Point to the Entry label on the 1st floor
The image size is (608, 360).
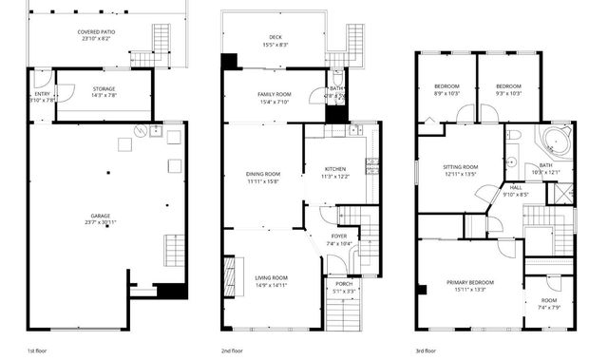point(42,98)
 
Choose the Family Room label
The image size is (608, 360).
point(274,98)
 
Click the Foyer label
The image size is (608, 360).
point(338,239)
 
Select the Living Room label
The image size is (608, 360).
point(271,281)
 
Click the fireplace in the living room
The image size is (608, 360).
point(227,277)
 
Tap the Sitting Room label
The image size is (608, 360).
point(461,170)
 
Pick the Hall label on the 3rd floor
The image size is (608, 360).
point(516,191)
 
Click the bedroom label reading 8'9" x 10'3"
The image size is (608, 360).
point(446,89)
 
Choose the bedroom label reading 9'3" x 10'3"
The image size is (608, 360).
point(508,89)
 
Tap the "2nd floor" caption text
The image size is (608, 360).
point(233,351)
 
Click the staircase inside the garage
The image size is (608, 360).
point(175,252)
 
